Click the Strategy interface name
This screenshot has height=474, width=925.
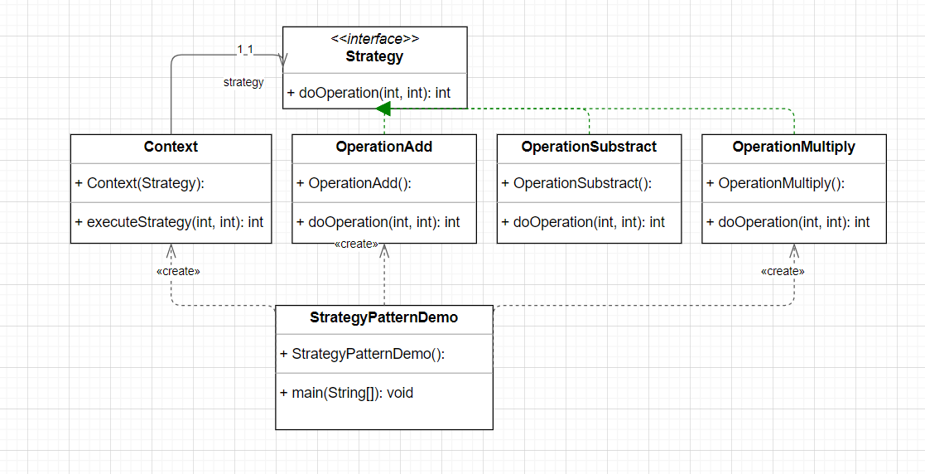coord(374,57)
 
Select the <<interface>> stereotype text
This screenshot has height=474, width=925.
coord(374,39)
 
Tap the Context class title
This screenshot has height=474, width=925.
coord(171,147)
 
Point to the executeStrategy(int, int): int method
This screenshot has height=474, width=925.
coord(170,221)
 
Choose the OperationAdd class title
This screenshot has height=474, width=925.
coord(384,147)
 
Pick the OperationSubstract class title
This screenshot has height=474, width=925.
coord(589,147)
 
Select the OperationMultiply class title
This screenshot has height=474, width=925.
coord(793,147)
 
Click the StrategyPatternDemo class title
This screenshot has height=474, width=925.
coord(383,317)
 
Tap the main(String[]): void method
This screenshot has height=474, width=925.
coord(347,392)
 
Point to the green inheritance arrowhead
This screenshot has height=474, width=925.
coord(383,109)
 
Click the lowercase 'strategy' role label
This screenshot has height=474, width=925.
coord(243,82)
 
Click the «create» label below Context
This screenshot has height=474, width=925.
coord(178,271)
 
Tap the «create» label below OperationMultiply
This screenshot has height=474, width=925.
coord(783,271)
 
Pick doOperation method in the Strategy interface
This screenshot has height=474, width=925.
coord(369,93)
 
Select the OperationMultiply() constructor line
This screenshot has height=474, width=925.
coord(776,183)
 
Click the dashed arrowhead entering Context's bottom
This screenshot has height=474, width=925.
coord(171,249)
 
